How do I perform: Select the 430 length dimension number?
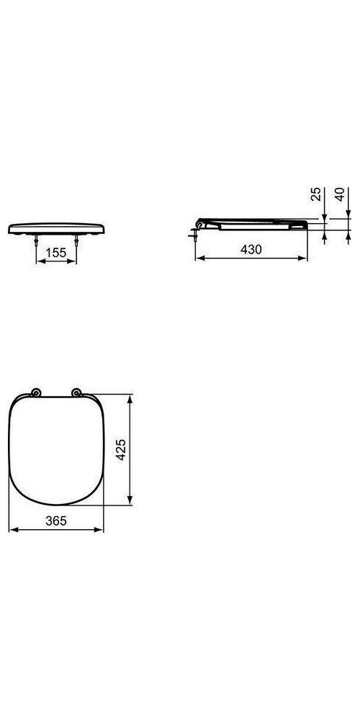pyautogui.click(x=250, y=248)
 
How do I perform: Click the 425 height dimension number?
pyautogui.click(x=122, y=449)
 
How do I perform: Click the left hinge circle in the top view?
pyautogui.click(x=37, y=392)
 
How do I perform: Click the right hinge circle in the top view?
pyautogui.click(x=76, y=392)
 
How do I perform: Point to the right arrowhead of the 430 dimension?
pyautogui.click(x=308, y=257)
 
